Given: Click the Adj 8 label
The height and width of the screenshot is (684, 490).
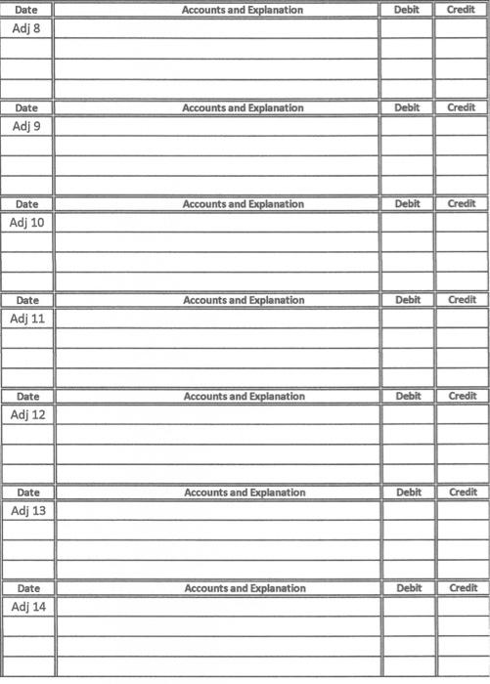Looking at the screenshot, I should coord(26,28).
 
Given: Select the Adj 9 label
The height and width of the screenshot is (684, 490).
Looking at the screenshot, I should coord(26,126).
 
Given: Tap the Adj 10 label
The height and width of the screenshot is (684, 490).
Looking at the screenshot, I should coord(26,222).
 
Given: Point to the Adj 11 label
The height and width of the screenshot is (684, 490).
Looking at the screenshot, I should coord(26,319).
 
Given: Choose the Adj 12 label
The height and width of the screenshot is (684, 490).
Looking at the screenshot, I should coord(27,414).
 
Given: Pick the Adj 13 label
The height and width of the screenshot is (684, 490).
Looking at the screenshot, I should coord(27,510).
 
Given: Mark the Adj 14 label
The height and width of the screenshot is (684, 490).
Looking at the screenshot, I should coord(27,607).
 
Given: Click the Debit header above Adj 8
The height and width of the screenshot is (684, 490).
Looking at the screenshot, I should coord(405,10).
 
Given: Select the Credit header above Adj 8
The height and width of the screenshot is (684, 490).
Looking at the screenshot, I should coord(461,10).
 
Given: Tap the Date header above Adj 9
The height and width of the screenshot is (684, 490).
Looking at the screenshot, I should coord(26,107).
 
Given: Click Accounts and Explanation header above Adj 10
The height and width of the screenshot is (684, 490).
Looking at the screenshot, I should coord(243,204).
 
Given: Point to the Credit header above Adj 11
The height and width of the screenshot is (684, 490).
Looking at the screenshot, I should coord(462,300).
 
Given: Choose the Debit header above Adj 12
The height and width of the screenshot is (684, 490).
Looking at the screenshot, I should coord(407,396).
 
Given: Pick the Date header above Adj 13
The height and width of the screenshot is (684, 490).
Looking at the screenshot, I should coord(28,492).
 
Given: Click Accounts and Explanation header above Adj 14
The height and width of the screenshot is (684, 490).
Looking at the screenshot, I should coord(245,588).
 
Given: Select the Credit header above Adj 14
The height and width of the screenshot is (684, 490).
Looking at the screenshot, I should coord(463,588).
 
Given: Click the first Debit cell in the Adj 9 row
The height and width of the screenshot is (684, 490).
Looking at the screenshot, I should coord(406,126).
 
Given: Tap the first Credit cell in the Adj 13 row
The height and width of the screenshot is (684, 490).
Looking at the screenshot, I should coord(463,510).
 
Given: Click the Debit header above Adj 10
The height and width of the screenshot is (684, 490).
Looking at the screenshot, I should coord(406,204).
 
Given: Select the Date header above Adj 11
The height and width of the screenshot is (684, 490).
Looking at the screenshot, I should coord(27,300).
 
